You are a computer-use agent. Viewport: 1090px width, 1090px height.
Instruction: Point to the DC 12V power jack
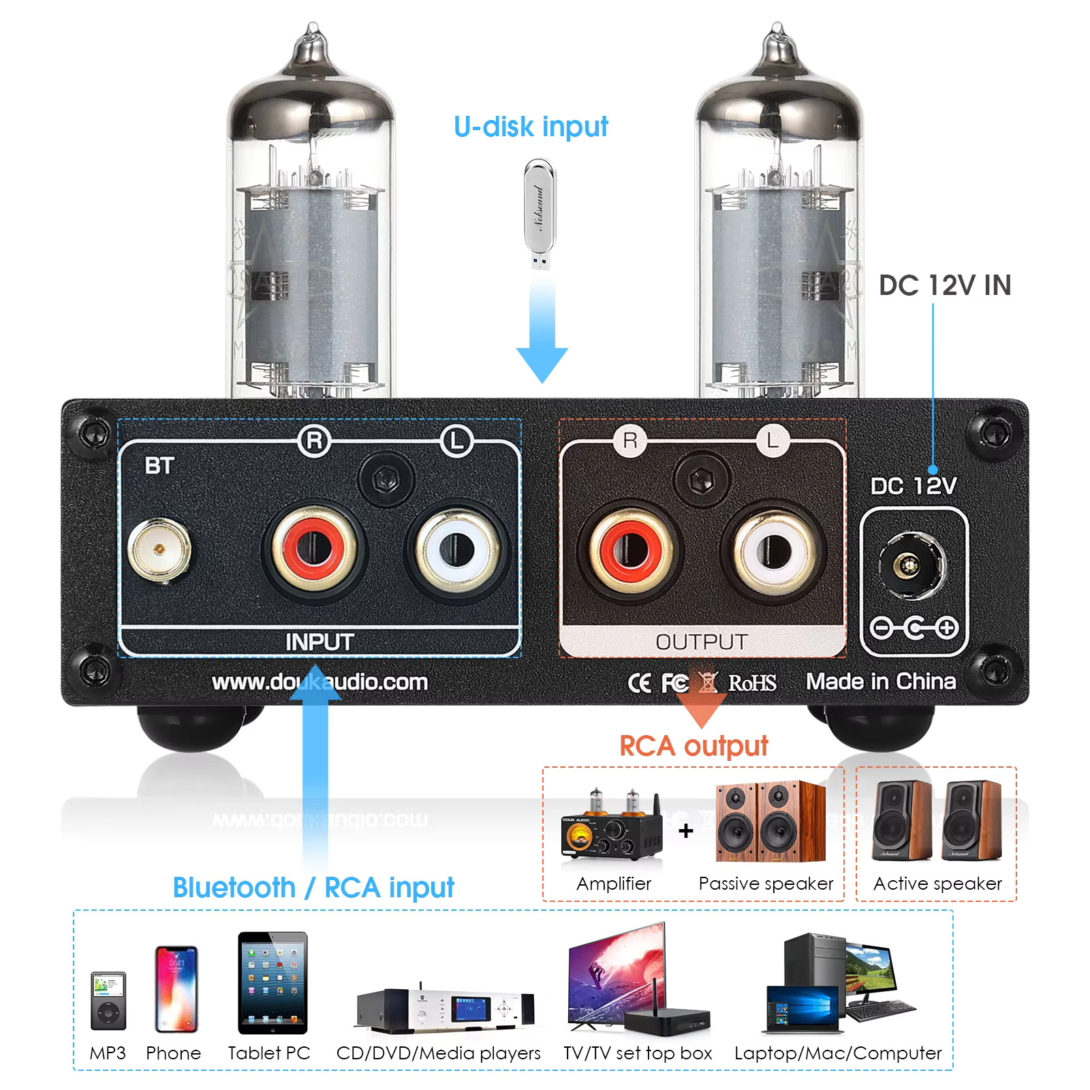click(x=912, y=565)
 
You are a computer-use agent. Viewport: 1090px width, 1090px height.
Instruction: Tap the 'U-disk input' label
click(x=531, y=127)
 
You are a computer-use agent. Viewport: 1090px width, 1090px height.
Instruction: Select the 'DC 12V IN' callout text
click(x=945, y=285)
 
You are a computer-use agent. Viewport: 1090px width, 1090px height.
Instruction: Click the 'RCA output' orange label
click(x=694, y=746)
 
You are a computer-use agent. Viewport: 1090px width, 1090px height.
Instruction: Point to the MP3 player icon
click(x=108, y=1001)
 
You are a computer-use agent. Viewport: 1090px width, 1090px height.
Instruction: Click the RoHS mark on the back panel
click(x=752, y=683)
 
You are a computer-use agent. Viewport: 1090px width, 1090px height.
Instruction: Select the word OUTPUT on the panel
click(x=701, y=642)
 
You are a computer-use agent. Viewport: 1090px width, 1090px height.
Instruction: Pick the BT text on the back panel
click(x=159, y=466)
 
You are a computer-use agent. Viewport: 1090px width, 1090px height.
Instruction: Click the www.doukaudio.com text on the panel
click(x=320, y=682)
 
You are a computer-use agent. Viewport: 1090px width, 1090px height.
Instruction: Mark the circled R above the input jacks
click(x=314, y=441)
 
